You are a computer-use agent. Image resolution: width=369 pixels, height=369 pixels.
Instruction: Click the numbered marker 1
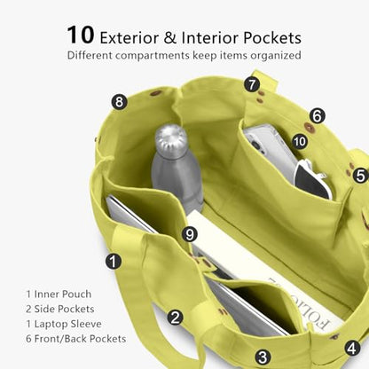point(114,262)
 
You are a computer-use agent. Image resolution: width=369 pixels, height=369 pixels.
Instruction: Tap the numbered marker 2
point(175,318)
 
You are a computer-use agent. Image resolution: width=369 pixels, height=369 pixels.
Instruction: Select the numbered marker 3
point(263,357)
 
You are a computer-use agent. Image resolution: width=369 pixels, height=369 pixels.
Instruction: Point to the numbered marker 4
point(352,348)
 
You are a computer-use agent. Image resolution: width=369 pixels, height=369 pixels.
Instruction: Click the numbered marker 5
point(360,176)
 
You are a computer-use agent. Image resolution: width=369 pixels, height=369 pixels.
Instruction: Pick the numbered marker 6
point(317,115)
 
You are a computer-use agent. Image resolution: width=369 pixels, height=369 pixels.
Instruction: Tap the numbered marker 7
point(252,84)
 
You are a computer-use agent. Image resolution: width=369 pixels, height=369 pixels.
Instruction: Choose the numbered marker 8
point(119,102)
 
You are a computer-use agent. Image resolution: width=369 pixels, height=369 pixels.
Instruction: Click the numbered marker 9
point(190,234)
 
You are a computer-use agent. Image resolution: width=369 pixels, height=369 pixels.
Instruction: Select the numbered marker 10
point(300,142)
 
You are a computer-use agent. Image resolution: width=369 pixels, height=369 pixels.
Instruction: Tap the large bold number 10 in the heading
point(81,35)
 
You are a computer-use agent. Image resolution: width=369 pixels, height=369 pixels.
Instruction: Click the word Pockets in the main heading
point(272,38)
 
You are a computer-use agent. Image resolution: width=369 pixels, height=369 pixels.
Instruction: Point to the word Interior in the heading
point(209,38)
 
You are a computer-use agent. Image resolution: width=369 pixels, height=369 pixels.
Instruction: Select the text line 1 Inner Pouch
point(59,294)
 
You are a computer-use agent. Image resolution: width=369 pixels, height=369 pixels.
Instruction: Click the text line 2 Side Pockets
point(60,309)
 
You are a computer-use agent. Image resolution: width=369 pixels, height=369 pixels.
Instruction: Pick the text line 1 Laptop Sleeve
point(64,324)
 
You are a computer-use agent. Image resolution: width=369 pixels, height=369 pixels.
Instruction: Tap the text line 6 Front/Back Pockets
point(76,339)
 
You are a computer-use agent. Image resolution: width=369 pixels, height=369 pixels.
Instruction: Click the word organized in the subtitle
point(276,56)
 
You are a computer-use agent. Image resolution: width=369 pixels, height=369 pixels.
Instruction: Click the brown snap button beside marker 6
point(310,127)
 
